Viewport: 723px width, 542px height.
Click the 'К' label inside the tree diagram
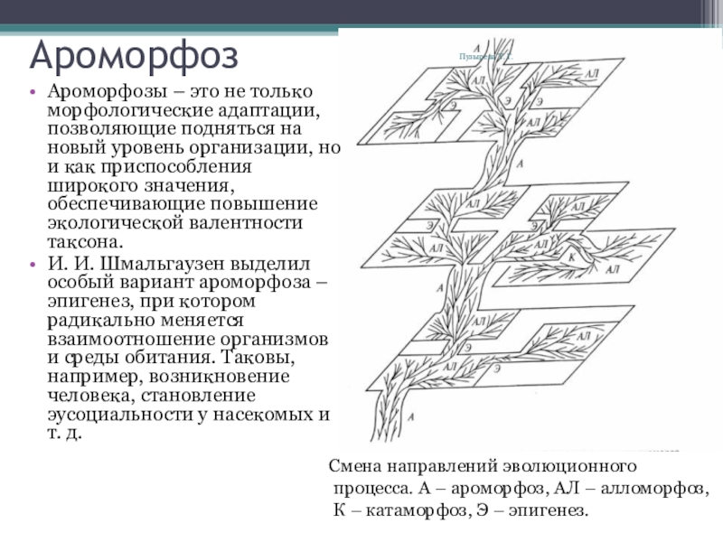tap(573, 257)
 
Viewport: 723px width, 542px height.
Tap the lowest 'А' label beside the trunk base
tap(411, 416)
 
